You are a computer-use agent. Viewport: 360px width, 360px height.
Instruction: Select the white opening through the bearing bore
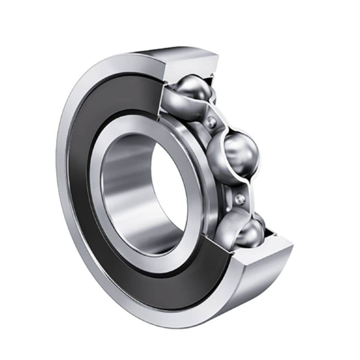pos(169,185)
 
